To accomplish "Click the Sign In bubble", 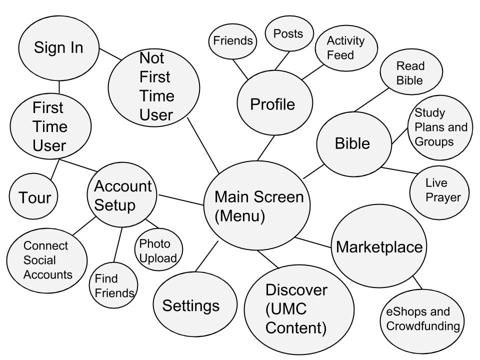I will tap(58, 47).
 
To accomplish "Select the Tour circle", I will tap(33, 197).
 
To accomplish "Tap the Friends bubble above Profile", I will tap(232, 41).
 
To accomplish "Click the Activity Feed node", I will tap(346, 47).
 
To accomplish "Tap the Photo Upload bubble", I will tap(158, 250).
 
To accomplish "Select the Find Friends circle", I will tap(114, 285).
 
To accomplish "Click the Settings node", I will tap(191, 305).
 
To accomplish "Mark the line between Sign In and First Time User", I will tap(59, 87).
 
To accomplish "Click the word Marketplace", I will tap(379, 247).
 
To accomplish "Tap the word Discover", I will tap(296, 290).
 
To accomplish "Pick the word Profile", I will tap(272, 104).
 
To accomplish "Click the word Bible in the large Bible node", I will tap(352, 143).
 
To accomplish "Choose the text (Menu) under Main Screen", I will tap(239, 216).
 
